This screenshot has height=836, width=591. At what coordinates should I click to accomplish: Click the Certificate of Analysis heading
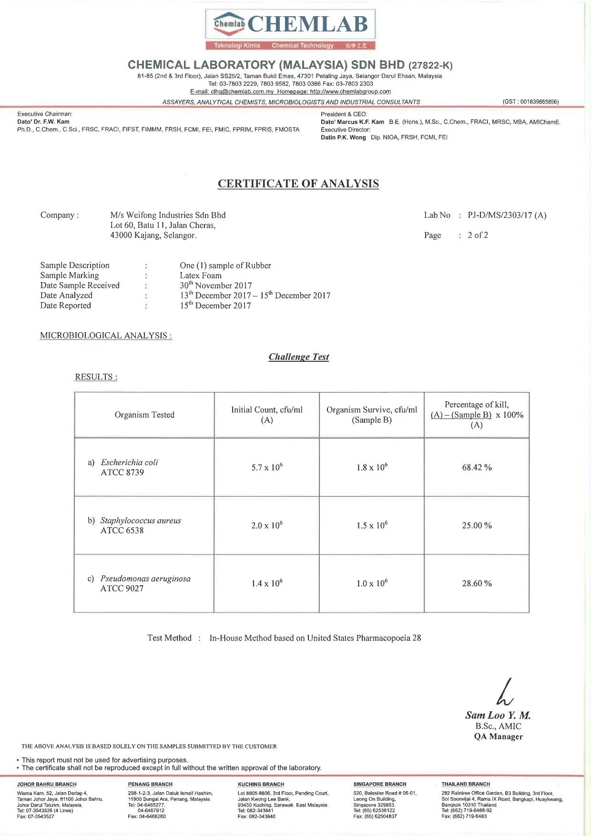pos(298,184)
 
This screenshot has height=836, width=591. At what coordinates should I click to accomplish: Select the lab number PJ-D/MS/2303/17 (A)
pos(507,215)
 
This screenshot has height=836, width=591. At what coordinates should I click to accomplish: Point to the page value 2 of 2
pos(478,235)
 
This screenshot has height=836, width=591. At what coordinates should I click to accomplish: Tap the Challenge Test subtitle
pos(299,357)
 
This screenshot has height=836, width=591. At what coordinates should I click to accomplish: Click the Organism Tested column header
pos(144,415)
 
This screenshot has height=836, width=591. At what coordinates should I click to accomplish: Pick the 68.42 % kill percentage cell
pos(477,468)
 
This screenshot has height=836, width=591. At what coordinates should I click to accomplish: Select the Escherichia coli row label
pos(129,462)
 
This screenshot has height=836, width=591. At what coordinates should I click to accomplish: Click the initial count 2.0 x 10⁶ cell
pos(267,525)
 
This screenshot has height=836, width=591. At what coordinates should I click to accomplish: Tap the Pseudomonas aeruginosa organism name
pos(145,579)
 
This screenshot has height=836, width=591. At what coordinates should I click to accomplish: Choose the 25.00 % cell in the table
pos(477,525)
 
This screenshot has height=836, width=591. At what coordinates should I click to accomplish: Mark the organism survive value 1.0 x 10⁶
pos(372,583)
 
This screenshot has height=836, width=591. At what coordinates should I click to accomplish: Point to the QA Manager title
pos(498,736)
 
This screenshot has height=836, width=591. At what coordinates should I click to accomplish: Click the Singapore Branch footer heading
pos(380,784)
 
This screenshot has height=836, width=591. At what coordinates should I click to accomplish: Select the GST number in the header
pos(530,102)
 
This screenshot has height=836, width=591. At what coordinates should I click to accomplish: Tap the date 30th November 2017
pos(215,285)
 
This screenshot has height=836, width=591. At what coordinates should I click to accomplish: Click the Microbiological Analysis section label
pos(106,336)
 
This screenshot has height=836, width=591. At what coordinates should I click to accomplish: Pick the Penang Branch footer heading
pos(150,784)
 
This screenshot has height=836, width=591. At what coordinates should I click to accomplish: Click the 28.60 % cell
pos(477,583)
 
